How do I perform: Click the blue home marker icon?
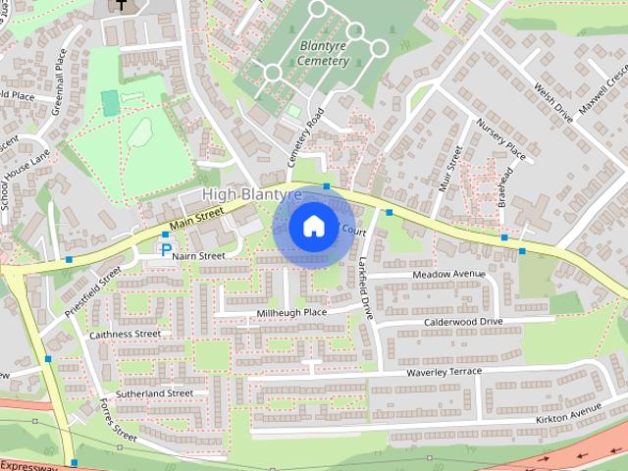point(313,226)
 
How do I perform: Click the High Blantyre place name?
point(252,195)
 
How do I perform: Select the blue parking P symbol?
point(166,250)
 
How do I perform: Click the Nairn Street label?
point(199,256)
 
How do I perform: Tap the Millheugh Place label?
point(291,313)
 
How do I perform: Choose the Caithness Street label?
point(125,335)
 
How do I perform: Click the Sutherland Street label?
point(154,393)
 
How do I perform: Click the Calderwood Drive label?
point(462,322)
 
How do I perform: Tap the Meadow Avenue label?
point(448,274)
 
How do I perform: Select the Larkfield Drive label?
point(365,290)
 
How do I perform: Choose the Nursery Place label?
point(501,139)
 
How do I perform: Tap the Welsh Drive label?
point(552,101)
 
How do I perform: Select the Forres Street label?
point(117,417)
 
